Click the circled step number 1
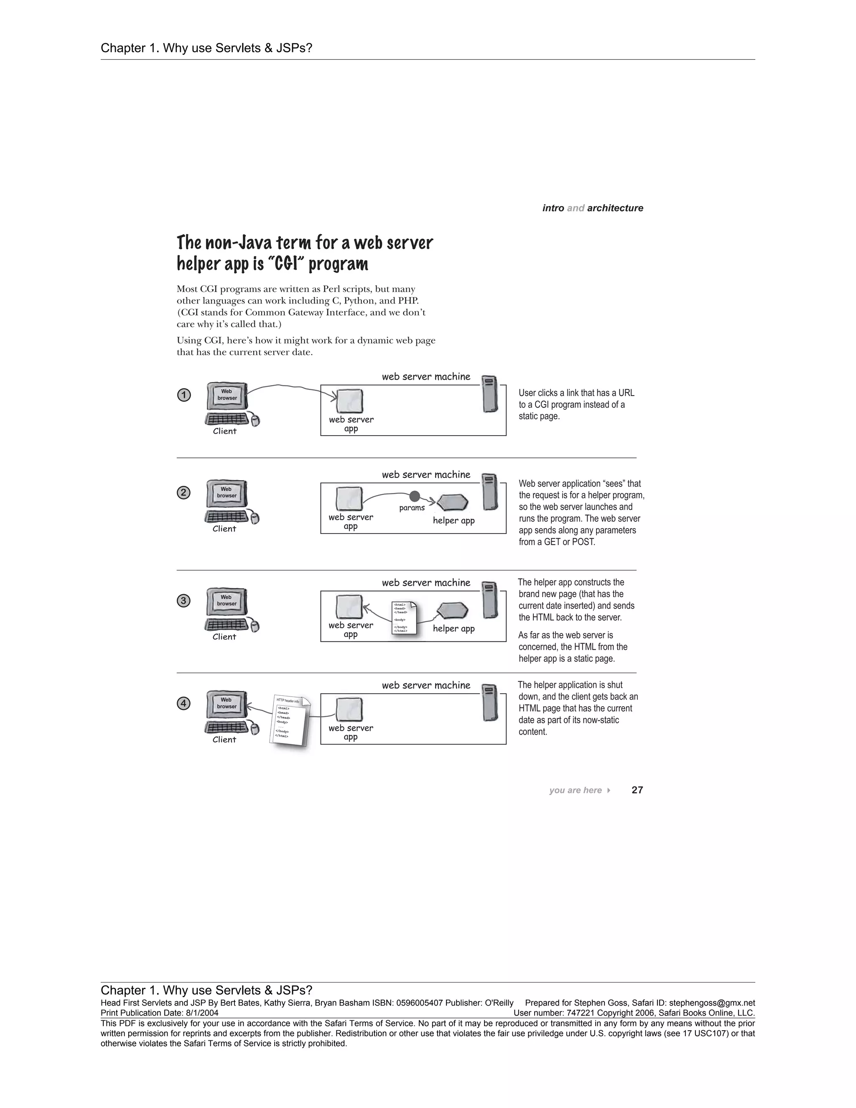[x=183, y=395]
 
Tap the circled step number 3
[x=183, y=601]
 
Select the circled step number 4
[x=183, y=704]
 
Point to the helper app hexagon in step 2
[x=452, y=503]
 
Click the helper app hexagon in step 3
[x=452, y=610]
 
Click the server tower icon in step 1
[x=489, y=394]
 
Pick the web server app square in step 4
[x=349, y=709]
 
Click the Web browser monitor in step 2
[x=227, y=493]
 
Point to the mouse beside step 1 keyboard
[x=255, y=421]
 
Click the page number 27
[x=637, y=790]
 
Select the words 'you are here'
[x=575, y=790]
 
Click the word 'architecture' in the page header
[x=615, y=208]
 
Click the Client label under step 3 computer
[x=224, y=637]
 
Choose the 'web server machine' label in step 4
[x=426, y=685]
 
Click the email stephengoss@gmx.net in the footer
[x=712, y=1003]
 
